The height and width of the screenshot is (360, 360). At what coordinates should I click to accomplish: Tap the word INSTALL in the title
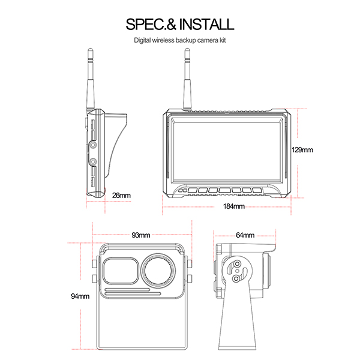click(x=205, y=25)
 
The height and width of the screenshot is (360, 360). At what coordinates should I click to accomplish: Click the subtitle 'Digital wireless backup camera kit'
click(x=179, y=41)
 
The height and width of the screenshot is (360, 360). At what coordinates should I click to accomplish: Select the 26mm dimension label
click(x=121, y=195)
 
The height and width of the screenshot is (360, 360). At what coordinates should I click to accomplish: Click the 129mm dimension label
click(x=302, y=150)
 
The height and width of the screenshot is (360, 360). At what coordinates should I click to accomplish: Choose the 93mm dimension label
click(x=140, y=235)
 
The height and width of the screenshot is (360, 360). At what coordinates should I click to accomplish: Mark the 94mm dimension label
click(x=79, y=296)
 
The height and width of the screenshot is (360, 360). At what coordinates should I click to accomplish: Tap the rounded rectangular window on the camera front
click(x=121, y=271)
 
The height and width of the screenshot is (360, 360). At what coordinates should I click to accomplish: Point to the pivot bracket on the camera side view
click(x=238, y=269)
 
